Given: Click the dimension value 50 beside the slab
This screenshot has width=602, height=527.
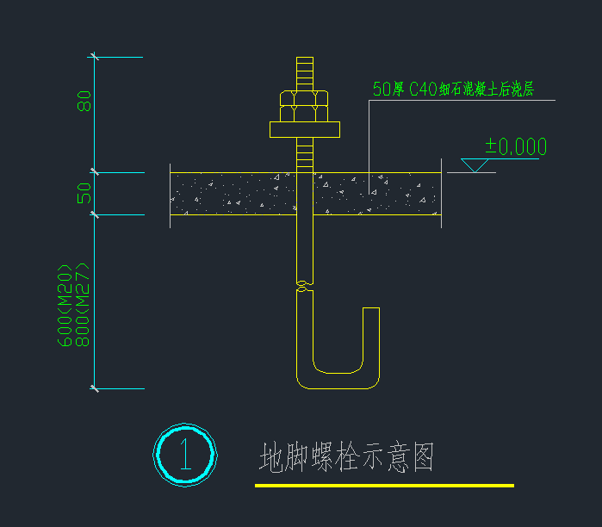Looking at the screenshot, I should click(x=84, y=193).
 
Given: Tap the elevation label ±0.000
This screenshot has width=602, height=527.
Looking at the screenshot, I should click(x=515, y=147).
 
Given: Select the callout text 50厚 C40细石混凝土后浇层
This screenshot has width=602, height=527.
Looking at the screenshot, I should click(x=453, y=89).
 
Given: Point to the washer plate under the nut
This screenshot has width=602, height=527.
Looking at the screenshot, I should click(x=304, y=130).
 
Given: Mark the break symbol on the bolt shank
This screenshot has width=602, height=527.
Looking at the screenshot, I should click(x=304, y=284).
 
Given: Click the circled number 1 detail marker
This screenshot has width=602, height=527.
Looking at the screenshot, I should click(x=184, y=454).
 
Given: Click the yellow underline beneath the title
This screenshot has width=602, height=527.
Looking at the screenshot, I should click(x=384, y=486).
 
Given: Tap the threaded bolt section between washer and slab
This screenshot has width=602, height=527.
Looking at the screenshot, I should click(x=304, y=155).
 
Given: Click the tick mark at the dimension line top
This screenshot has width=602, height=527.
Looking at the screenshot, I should click(x=95, y=58).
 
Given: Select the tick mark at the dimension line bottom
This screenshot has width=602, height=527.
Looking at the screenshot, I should click(x=95, y=388).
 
